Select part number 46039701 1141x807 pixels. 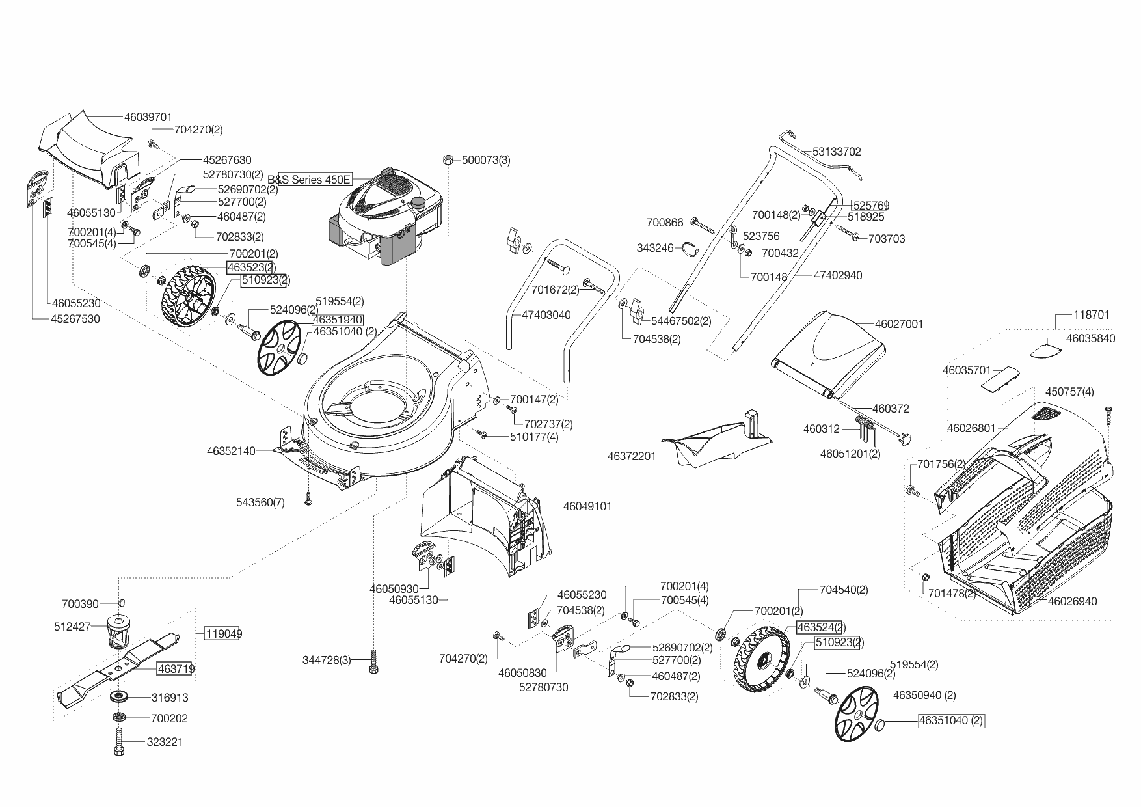pos(148,118)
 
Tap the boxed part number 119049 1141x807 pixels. pos(222,633)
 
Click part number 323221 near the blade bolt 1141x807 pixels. pos(166,742)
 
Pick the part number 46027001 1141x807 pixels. pos(899,324)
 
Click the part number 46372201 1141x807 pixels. pos(632,457)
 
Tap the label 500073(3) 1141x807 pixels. pos(486,160)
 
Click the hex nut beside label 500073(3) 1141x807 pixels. pos(448,160)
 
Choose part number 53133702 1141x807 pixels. pos(837,152)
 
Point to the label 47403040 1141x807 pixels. pos(546,315)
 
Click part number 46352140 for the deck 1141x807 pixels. pos(231,450)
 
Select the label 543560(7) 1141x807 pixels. pos(260,502)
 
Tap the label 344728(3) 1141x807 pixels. pos(327,661)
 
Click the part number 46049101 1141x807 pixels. pos(587,506)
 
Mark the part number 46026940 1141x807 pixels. pos(1072,601)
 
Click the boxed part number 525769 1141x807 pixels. pos(870,206)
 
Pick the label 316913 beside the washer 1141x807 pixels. pos(170,698)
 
